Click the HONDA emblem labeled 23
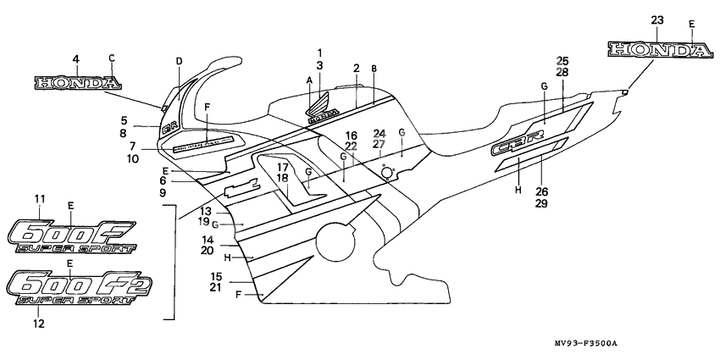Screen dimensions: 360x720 pos(658,51)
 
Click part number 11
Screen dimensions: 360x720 pos(39,199)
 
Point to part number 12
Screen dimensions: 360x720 pos(39,323)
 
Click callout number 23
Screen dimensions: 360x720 pos(656,20)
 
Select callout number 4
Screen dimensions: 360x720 pos(76,58)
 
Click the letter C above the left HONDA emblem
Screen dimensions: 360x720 pos(111,58)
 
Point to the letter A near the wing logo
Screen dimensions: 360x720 pos(309,79)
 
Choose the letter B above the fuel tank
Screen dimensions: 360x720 pos(374,68)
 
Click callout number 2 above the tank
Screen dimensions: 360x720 pos(357,68)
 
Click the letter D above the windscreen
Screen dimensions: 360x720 pos(179,61)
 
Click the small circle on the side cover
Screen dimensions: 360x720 pos(388,173)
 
